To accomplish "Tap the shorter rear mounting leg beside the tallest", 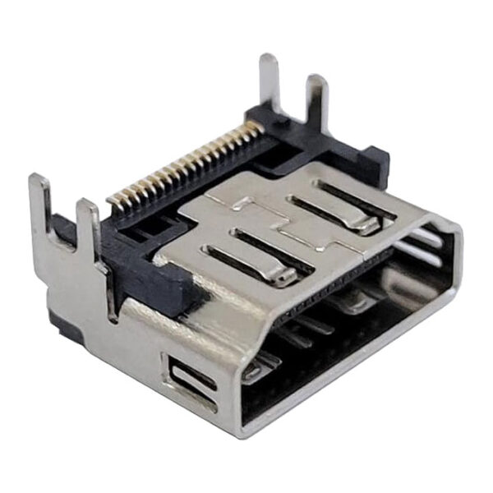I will click(317, 103).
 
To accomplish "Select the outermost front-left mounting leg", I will click(39, 205).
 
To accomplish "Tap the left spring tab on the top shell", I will click(255, 255).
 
